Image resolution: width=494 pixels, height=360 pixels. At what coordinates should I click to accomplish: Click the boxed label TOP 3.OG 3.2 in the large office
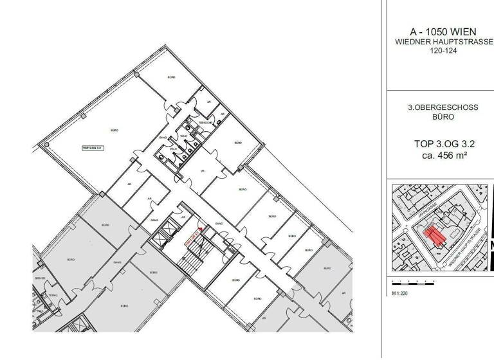click(x=94, y=147)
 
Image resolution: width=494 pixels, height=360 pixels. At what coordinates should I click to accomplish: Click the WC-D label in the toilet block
click(x=183, y=136)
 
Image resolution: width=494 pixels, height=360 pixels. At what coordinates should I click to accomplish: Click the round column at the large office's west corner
click(x=46, y=146)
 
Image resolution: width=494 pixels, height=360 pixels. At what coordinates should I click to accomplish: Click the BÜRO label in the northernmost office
click(x=170, y=77)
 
